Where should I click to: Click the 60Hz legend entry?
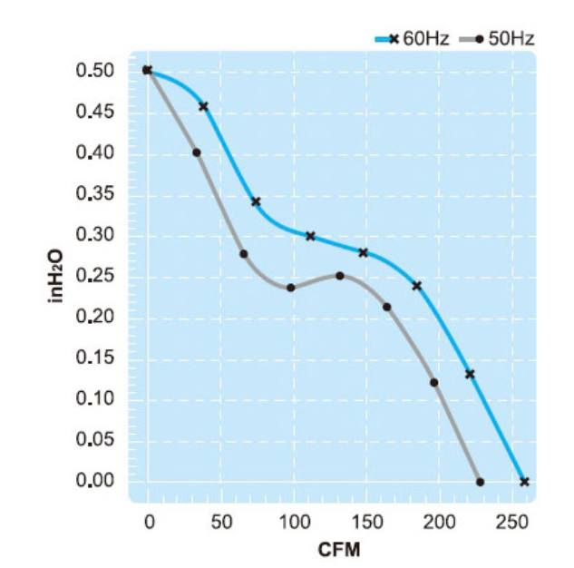click(x=409, y=38)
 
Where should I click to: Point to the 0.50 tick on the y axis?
click(x=94, y=71)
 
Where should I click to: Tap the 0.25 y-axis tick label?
click(x=94, y=276)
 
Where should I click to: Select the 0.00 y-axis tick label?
click(x=94, y=481)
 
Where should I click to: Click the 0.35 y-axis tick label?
click(x=94, y=194)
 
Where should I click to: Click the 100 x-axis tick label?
click(x=293, y=522)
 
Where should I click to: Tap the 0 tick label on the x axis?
click(x=149, y=522)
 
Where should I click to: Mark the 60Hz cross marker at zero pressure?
click(x=524, y=481)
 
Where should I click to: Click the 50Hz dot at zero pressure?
click(x=480, y=482)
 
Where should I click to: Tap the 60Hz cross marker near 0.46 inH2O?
click(x=203, y=106)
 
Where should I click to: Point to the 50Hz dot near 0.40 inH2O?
click(x=196, y=152)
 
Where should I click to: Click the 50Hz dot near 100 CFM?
click(x=291, y=288)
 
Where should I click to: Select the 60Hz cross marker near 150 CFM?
click(x=364, y=252)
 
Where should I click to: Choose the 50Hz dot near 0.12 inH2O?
click(x=433, y=382)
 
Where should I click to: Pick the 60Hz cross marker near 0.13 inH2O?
click(x=470, y=374)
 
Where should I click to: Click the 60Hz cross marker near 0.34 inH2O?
click(x=256, y=201)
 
